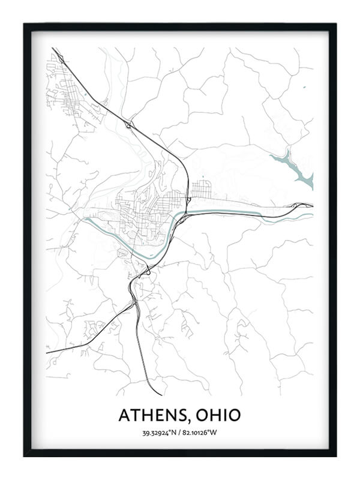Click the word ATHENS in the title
tap(152, 415)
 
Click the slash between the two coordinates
tap(180, 433)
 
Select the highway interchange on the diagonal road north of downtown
tap(130, 125)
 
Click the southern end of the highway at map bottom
tap(161, 395)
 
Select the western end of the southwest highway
tap(47, 353)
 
